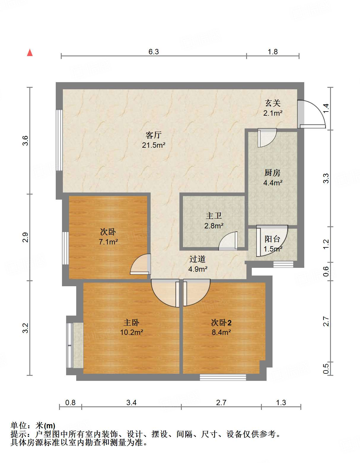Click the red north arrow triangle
pyautogui.click(x=30, y=52)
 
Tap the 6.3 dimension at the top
pyautogui.click(x=154, y=52)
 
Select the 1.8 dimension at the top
pyautogui.click(x=273, y=52)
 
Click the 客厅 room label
pyautogui.click(x=153, y=135)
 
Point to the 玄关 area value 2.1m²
pyautogui.click(x=273, y=113)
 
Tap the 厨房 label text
pyautogui.click(x=272, y=173)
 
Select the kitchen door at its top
pyautogui.click(x=267, y=138)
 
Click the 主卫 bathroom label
pyautogui.click(x=214, y=216)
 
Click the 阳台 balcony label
pyautogui.click(x=272, y=239)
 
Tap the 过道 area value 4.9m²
pyautogui.click(x=198, y=269)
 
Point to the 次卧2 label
pyautogui.click(x=221, y=322)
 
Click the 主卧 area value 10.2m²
pyautogui.click(x=131, y=332)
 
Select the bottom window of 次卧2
pyautogui.click(x=223, y=377)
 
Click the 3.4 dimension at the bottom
pyautogui.click(x=131, y=402)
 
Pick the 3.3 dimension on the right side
pyautogui.click(x=326, y=178)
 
